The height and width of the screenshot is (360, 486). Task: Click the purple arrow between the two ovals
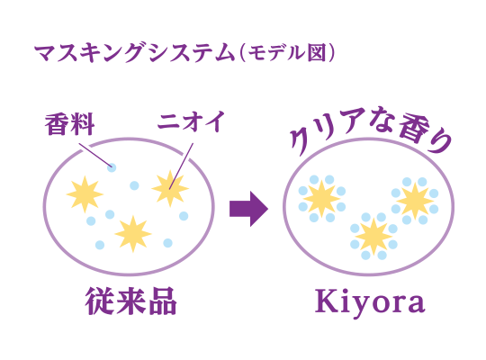pyautogui.click(x=248, y=209)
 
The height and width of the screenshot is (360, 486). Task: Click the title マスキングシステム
pyautogui.click(x=135, y=53)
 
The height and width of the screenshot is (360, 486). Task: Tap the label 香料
pyautogui.click(x=70, y=124)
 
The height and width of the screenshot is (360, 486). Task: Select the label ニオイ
pyautogui.click(x=190, y=121)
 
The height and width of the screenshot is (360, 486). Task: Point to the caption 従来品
pyautogui.click(x=131, y=301)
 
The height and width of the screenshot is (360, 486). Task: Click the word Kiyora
pyautogui.click(x=370, y=302)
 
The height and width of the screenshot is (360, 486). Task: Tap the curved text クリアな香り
pyautogui.click(x=371, y=130)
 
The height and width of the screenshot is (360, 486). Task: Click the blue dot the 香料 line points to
pyautogui.click(x=112, y=167)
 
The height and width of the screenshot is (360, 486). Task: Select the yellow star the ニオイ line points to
pyautogui.click(x=170, y=188)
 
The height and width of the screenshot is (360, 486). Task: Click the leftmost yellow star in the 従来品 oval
pyautogui.click(x=85, y=194)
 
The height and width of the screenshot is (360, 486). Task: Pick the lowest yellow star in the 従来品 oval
pyautogui.click(x=133, y=233)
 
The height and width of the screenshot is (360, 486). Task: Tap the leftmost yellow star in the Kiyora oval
pyautogui.click(x=321, y=198)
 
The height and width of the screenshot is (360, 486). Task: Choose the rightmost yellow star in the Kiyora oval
pyautogui.click(x=415, y=201)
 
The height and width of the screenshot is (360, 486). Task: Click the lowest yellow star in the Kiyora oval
pyautogui.click(x=373, y=237)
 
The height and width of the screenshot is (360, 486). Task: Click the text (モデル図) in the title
pyautogui.click(x=287, y=53)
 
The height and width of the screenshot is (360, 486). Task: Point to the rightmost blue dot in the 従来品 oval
pyautogui.click(x=184, y=216)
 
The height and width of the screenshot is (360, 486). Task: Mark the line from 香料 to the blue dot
pyautogui.click(x=94, y=155)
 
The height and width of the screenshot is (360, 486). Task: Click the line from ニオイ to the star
pyautogui.click(x=181, y=166)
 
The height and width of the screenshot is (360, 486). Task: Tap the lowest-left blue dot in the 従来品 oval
pyautogui.click(x=100, y=245)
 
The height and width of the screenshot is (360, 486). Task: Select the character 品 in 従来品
pyautogui.click(x=163, y=301)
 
